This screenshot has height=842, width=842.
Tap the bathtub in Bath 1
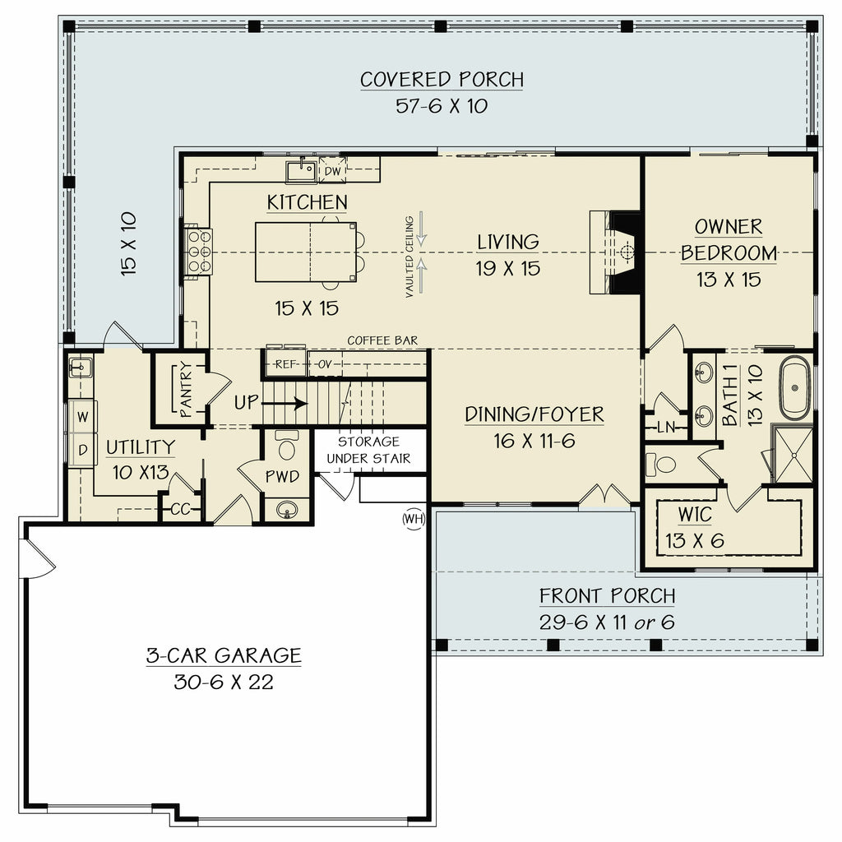[x=795, y=387]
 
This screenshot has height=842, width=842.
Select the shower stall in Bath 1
[x=793, y=454]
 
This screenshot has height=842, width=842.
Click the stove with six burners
[x=199, y=251]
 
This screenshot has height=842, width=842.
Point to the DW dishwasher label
[x=333, y=170]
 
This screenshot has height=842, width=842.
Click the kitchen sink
[x=302, y=171]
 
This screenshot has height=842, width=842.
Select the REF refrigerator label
[x=285, y=364]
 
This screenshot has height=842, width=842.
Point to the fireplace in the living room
[x=618, y=252]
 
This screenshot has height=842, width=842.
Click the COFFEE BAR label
[x=382, y=340]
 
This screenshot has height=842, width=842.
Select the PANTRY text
[x=186, y=391]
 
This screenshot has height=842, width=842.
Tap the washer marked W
[x=82, y=416]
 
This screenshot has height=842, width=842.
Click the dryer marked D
[x=82, y=450]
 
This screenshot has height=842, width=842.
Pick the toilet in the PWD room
[x=287, y=446]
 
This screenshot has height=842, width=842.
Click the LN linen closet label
[x=666, y=428]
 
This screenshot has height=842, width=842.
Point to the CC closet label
[x=180, y=509]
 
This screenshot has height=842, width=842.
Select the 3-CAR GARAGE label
[x=224, y=655]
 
